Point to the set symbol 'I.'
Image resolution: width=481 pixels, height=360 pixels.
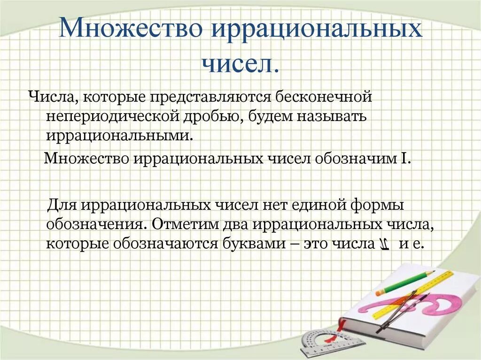[x=406, y=159]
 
